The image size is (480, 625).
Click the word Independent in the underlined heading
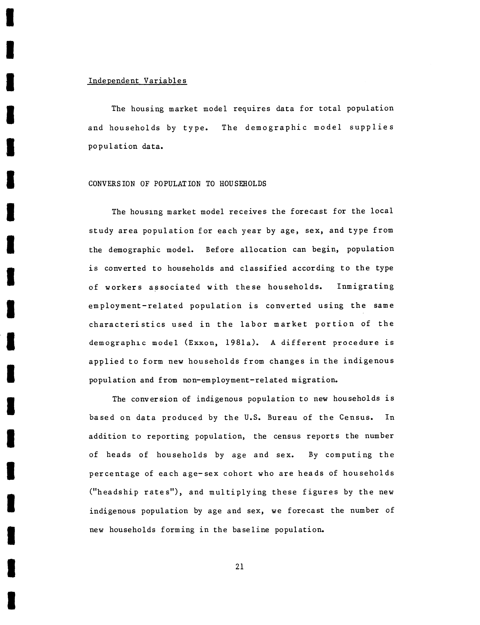point(113,81)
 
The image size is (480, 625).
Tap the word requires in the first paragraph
point(251,109)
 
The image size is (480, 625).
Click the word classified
point(263,268)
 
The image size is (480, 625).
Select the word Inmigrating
point(365,286)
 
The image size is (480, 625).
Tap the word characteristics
point(127,324)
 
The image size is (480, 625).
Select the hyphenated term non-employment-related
point(235,380)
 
